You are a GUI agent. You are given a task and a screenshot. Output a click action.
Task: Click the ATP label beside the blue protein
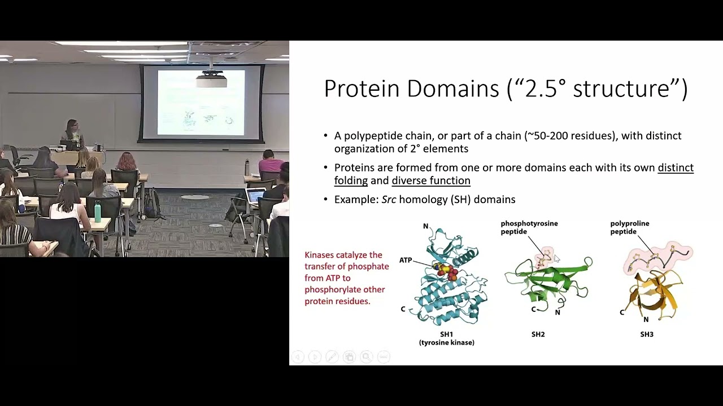[406, 260]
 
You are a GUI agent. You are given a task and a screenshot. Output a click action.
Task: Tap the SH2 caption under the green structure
[538, 334]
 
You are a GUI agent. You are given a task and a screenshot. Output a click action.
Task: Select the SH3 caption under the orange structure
[647, 334]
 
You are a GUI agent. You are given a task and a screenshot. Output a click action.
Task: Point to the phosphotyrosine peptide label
[529, 227]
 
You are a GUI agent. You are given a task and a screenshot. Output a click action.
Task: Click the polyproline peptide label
[629, 227]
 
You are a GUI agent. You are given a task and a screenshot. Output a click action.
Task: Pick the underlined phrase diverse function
[430, 181]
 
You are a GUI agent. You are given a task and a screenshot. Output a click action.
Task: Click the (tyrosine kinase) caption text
[446, 342]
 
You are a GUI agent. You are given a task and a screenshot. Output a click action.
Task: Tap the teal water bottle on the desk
[98, 211]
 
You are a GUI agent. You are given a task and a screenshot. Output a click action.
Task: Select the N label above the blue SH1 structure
[426, 226]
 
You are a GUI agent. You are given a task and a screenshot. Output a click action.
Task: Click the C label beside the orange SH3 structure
[622, 312]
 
